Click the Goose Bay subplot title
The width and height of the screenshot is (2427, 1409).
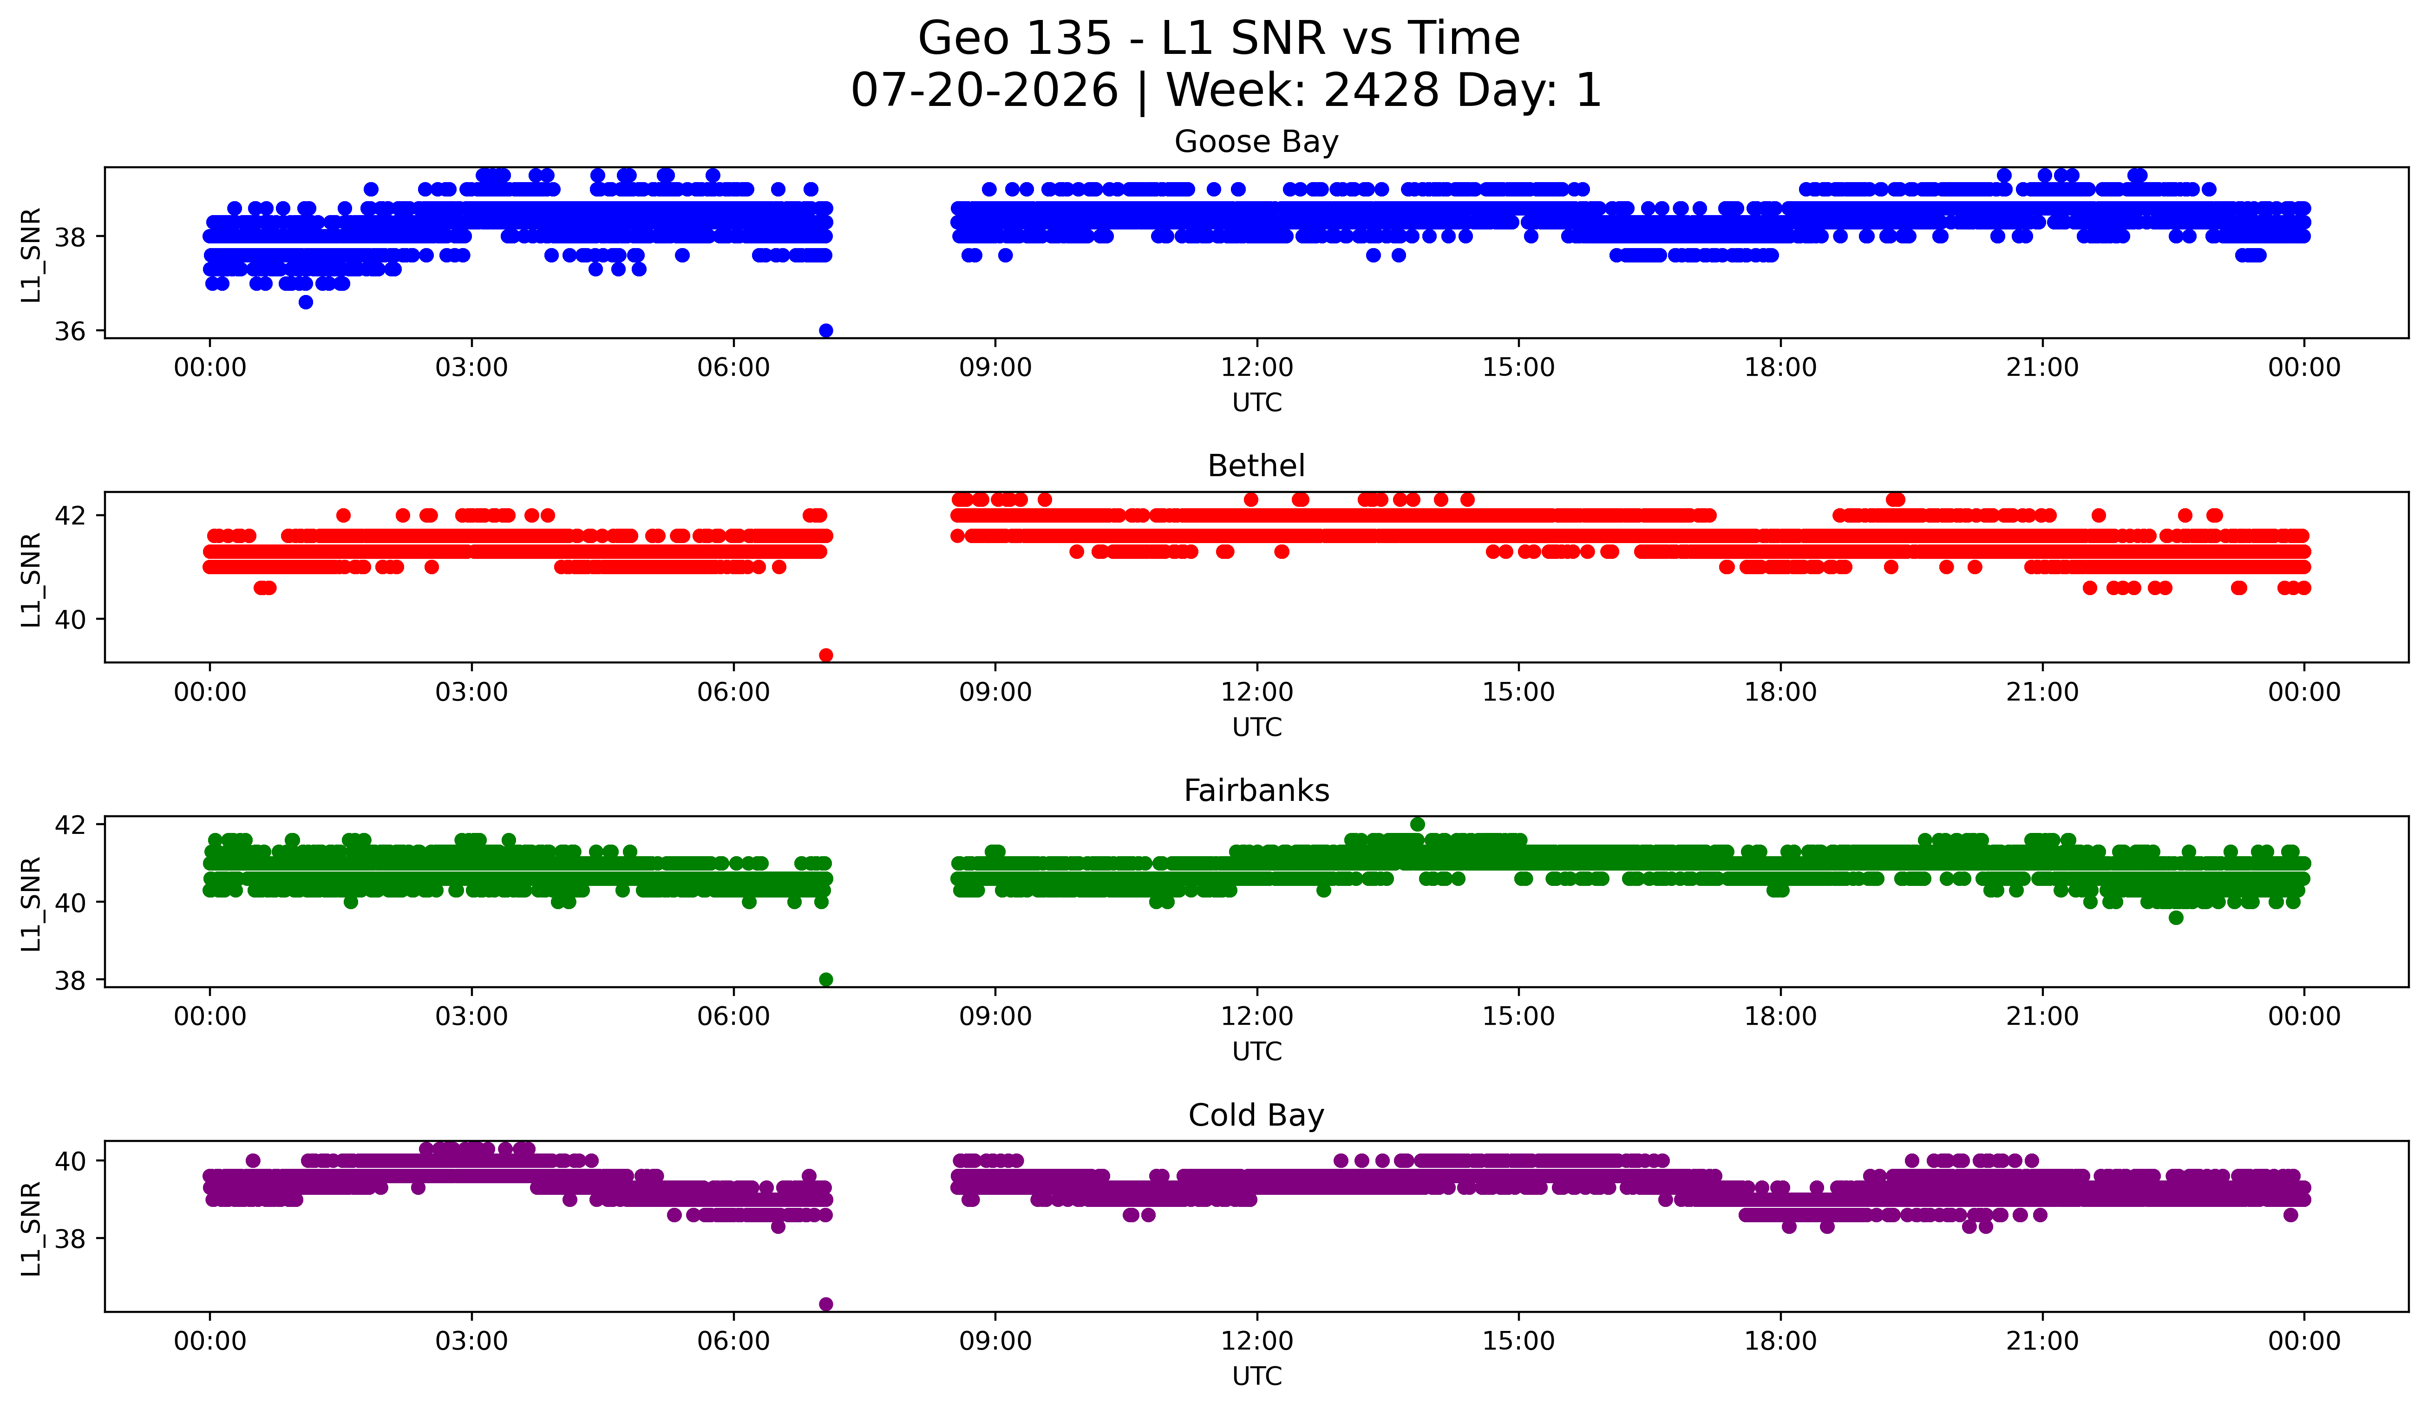click(x=1256, y=142)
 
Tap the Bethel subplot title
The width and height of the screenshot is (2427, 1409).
click(x=1256, y=466)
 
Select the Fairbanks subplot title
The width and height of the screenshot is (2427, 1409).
click(x=1256, y=791)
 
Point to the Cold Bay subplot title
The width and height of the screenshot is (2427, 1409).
click(x=1256, y=1115)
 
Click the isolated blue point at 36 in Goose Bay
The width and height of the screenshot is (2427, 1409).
click(x=825, y=330)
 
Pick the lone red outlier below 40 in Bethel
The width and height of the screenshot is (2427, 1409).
click(x=825, y=655)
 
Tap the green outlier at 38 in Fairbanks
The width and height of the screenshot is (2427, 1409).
click(x=825, y=979)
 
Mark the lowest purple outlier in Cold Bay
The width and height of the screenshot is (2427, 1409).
click(x=825, y=1304)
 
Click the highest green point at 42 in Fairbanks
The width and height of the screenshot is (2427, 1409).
click(x=1417, y=825)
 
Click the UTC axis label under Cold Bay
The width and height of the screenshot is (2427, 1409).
click(x=1257, y=1376)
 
